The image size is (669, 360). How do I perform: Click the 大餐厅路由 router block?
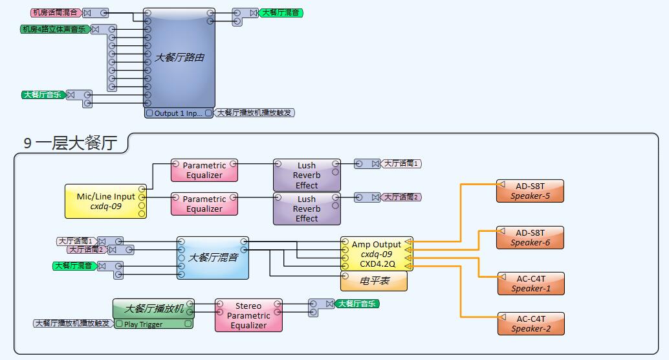(x=179, y=58)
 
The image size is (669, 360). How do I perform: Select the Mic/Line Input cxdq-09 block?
(x=106, y=201)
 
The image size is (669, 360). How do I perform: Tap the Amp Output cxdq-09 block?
(x=377, y=254)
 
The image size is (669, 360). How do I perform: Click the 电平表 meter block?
(x=374, y=281)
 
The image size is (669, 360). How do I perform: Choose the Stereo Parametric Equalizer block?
(x=248, y=315)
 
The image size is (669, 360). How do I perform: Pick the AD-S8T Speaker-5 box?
(x=530, y=191)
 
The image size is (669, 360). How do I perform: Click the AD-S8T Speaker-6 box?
(x=530, y=238)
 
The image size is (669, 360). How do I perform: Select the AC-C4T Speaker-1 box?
(x=531, y=284)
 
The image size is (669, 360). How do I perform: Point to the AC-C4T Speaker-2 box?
(x=531, y=324)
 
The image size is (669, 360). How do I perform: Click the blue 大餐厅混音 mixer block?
(x=213, y=258)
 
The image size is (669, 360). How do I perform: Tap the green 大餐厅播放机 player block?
(x=153, y=308)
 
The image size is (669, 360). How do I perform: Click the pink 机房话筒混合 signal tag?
(x=56, y=13)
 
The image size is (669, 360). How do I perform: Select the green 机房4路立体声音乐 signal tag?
(x=54, y=29)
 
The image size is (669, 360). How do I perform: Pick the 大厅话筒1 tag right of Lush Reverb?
(x=400, y=164)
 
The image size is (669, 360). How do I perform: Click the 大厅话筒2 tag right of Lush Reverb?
(x=400, y=197)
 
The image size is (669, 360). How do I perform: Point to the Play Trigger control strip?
(x=153, y=324)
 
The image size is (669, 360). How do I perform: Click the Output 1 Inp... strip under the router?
(x=179, y=113)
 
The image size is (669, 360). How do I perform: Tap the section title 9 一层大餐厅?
(x=71, y=143)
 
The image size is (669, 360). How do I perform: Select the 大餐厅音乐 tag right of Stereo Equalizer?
(x=357, y=304)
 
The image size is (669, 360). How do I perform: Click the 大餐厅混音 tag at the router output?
(x=281, y=13)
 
